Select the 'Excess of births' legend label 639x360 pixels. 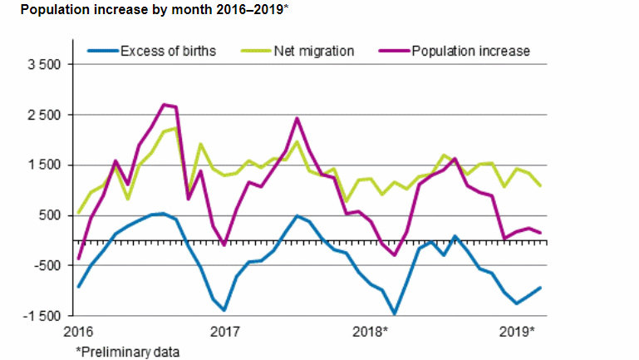(x=167, y=51)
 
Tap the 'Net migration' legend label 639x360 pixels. (x=314, y=51)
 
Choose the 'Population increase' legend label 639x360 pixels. (x=470, y=51)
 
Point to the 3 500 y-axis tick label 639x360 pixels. (x=44, y=65)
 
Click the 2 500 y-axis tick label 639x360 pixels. (x=44, y=115)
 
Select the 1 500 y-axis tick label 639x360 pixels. (x=44, y=165)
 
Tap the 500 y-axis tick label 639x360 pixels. (x=50, y=215)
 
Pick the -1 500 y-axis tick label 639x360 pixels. (x=42, y=316)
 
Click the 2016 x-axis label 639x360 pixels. (x=79, y=332)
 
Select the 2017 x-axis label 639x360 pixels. (x=224, y=332)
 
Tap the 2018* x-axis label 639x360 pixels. (x=371, y=332)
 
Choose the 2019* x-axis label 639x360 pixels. (x=517, y=332)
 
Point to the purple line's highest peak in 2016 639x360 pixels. (x=164, y=105)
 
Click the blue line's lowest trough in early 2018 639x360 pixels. (x=394, y=313)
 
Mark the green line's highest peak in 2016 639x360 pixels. (x=175, y=128)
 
